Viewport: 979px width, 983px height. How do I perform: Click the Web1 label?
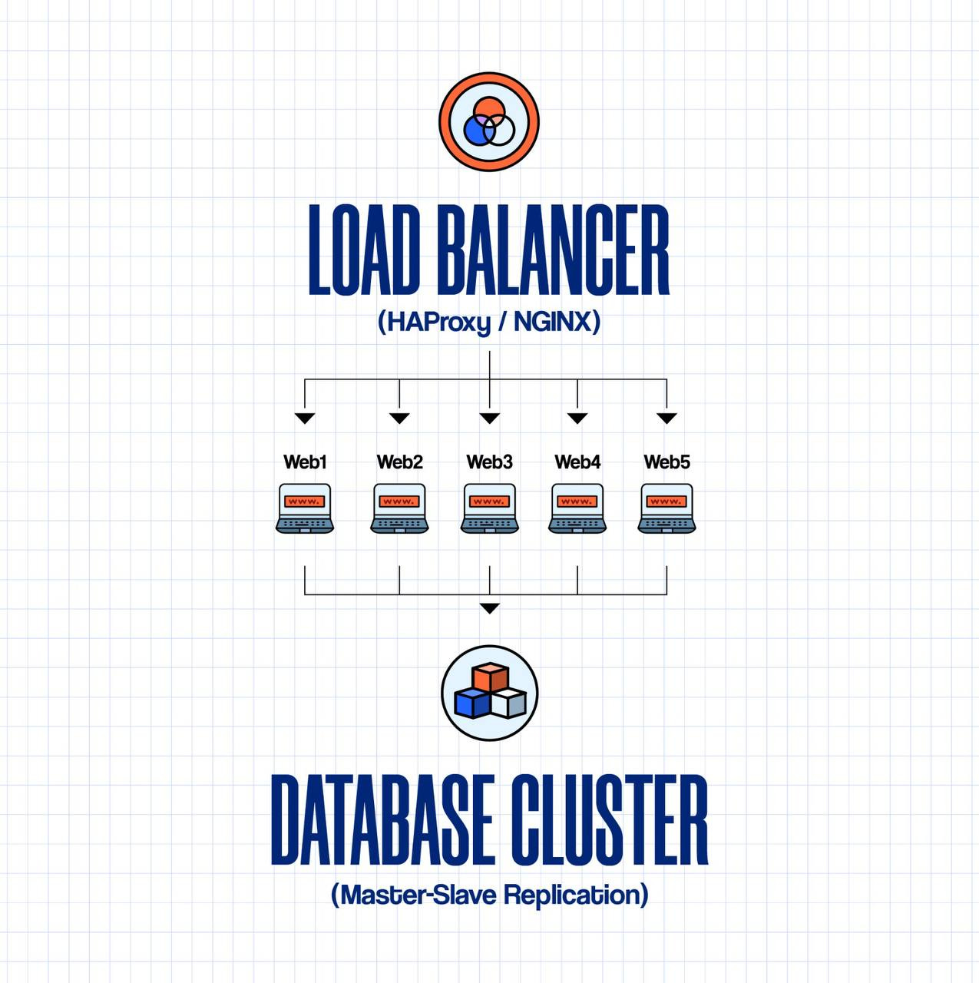pyautogui.click(x=305, y=462)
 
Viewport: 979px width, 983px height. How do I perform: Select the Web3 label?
pyautogui.click(x=489, y=462)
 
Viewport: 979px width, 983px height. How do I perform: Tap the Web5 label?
pyautogui.click(x=666, y=462)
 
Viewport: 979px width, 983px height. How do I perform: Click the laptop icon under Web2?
pyautogui.click(x=399, y=508)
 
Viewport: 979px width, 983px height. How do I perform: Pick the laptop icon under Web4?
pyautogui.click(x=577, y=508)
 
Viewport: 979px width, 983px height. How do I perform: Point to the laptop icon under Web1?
pyautogui.click(x=305, y=508)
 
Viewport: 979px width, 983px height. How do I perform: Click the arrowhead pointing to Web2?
pyautogui.click(x=399, y=419)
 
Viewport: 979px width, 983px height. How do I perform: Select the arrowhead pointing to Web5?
pyautogui.click(x=666, y=419)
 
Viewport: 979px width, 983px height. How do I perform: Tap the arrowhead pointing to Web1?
pyautogui.click(x=305, y=419)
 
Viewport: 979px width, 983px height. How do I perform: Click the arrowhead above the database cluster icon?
pyautogui.click(x=489, y=608)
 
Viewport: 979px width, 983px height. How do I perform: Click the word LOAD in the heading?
pyautogui.click(x=364, y=250)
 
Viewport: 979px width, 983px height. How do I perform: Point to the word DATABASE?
pyautogui.click(x=382, y=820)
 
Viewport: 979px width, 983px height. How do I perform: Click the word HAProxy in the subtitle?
pyautogui.click(x=434, y=321)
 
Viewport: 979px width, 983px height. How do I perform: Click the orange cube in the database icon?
pyautogui.click(x=490, y=677)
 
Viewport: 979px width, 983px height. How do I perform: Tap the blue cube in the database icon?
pyautogui.click(x=471, y=702)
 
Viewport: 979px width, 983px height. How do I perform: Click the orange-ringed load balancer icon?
pyautogui.click(x=489, y=122)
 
